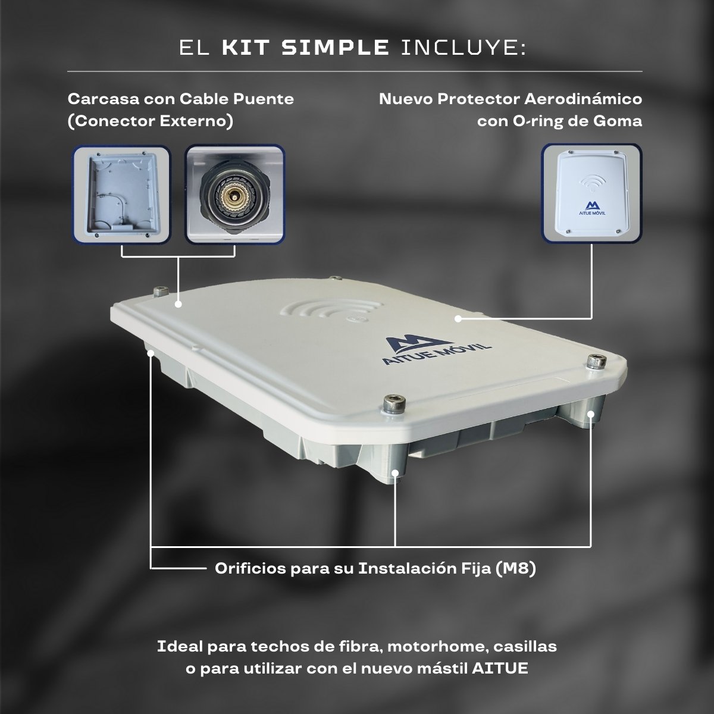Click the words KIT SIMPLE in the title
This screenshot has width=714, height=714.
305,48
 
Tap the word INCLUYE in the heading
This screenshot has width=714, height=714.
464,48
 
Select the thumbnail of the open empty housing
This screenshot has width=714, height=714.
121,195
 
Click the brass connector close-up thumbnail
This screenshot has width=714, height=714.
235,195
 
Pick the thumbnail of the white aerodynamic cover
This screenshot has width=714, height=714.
591,194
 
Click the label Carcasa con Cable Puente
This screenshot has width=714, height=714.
181,99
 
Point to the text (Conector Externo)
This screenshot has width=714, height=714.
151,121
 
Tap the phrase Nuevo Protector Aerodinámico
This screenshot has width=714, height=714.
511,99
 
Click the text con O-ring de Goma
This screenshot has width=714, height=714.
559,121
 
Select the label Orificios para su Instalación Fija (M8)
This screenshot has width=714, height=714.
375,568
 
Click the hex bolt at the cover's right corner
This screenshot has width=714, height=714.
597,361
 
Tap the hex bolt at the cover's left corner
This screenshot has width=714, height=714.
161,292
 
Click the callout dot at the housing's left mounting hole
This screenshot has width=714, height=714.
151,353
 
